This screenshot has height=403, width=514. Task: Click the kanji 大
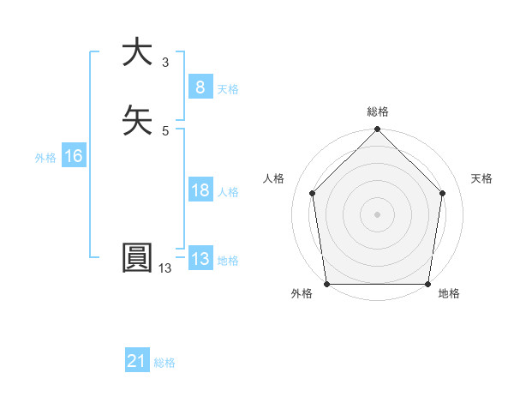137,52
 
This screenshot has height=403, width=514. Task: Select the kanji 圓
137,258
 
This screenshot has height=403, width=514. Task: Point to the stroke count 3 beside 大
164,63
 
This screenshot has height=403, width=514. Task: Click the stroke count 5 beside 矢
164,130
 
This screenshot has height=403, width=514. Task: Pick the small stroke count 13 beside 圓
164,268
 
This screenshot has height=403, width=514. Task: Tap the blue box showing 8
199,87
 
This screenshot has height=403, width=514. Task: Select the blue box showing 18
199,190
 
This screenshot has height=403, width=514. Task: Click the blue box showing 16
73,156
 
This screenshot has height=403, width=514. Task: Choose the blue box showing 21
137,362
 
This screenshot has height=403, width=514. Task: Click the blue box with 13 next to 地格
199,259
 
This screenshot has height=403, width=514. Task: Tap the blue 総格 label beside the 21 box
164,363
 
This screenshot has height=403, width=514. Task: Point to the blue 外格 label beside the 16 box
45,157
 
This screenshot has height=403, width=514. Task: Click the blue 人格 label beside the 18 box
228,192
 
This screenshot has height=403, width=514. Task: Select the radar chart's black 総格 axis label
378,111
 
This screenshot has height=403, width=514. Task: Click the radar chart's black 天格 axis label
481,178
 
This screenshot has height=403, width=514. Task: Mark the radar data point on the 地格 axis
428,284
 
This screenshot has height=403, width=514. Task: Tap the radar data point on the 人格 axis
312,193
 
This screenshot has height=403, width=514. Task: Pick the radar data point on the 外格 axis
326,284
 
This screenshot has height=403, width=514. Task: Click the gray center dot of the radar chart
378,214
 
